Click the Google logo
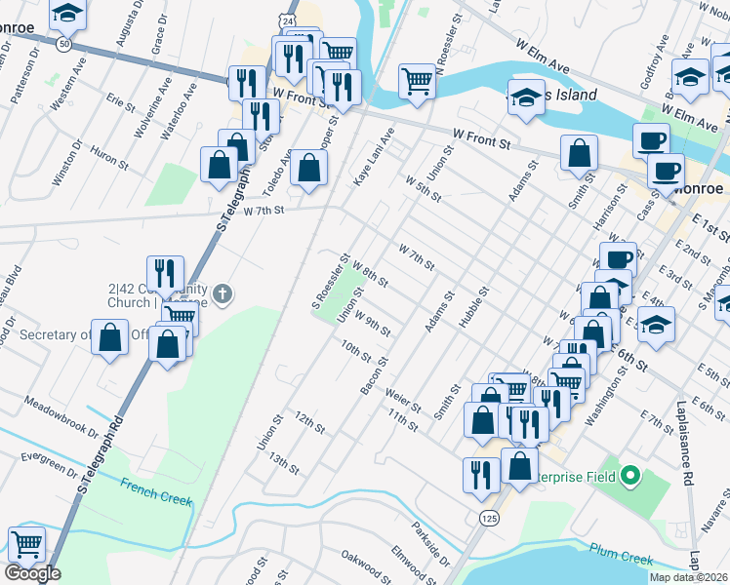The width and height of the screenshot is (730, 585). pyautogui.click(x=33, y=573)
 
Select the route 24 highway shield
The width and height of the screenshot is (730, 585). pyautogui.click(x=283, y=19)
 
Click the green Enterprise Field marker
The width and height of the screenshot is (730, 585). pyautogui.click(x=629, y=477)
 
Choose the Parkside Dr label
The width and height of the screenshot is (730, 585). pyautogui.click(x=430, y=546)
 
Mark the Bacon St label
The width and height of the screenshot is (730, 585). pyautogui.click(x=374, y=375)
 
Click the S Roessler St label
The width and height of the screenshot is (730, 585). pyautogui.click(x=330, y=278)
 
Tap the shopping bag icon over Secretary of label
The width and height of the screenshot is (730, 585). pyautogui.click(x=111, y=336)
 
